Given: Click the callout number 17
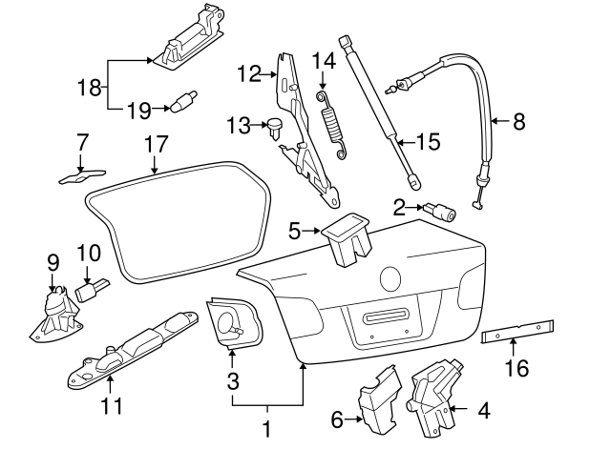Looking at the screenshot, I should point(156,145).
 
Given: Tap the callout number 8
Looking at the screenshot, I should point(518,121).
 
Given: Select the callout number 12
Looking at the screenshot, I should point(249,72).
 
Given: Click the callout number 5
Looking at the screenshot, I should point(294,229).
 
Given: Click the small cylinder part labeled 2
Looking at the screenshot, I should point(443,212).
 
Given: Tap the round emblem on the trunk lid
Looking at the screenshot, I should point(390,278).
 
